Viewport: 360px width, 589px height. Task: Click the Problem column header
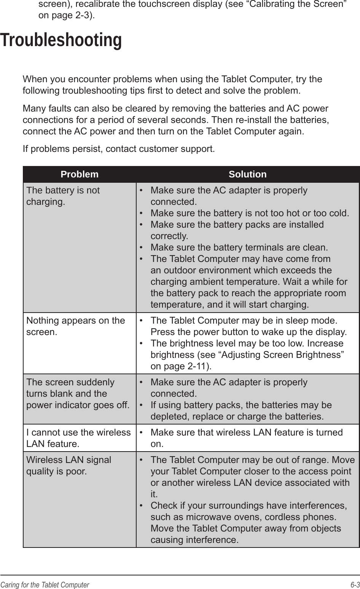pyautogui.click(x=80, y=174)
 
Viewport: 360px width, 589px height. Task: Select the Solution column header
pyautogui.click(x=247, y=174)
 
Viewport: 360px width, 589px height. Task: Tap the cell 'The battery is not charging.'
pyautogui.click(x=63, y=196)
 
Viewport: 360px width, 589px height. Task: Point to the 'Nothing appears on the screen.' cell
pyautogui.click(x=75, y=326)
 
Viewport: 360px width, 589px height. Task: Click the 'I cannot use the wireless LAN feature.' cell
pyautogui.click(x=78, y=438)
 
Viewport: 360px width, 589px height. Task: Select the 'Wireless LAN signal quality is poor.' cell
pyautogui.click(x=68, y=465)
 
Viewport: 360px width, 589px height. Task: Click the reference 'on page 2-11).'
pyautogui.click(x=182, y=366)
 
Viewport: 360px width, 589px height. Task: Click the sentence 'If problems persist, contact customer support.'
pyautogui.click(x=118, y=148)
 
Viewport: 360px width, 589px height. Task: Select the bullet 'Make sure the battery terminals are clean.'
pyautogui.click(x=239, y=247)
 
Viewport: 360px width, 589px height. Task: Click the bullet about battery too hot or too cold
pyautogui.click(x=249, y=213)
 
